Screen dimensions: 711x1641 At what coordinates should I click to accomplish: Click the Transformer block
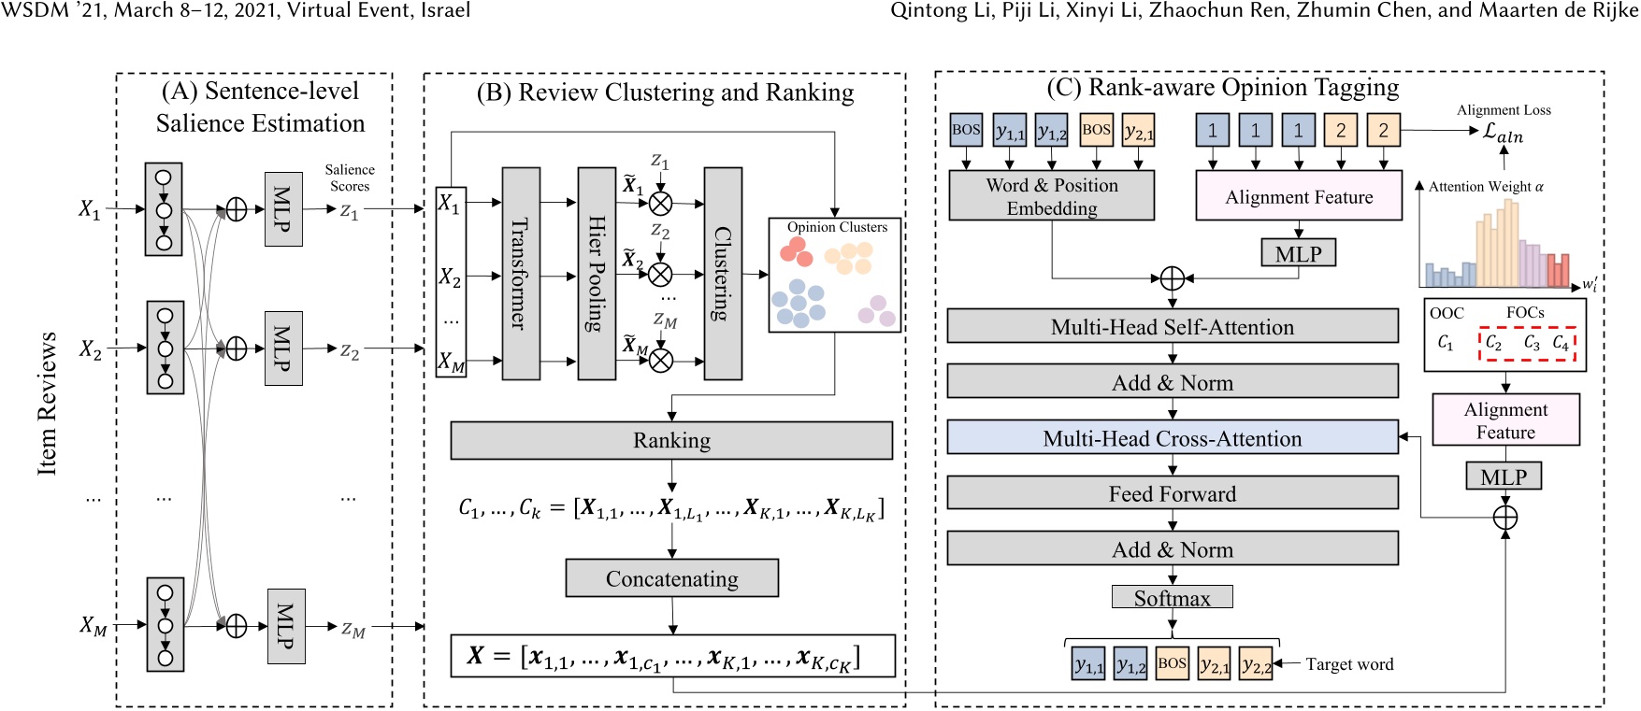click(521, 273)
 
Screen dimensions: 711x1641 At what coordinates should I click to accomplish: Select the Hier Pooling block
click(596, 273)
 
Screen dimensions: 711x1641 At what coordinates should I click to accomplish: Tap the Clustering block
click(722, 273)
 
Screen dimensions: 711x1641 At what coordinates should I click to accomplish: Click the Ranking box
click(671, 440)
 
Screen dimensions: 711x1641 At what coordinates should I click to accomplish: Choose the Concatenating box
click(671, 578)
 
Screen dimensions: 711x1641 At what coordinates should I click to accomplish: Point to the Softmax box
click(1172, 598)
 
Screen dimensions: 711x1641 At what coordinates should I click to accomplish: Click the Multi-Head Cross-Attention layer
click(1173, 437)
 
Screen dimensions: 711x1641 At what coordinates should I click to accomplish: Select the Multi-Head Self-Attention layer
click(1173, 326)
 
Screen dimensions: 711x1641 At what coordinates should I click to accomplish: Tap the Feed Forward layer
click(1173, 493)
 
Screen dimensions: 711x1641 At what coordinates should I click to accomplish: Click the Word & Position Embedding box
click(1051, 196)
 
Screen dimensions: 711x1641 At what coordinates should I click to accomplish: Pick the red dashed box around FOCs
click(1526, 343)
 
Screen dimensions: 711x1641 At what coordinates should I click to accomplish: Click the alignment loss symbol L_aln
click(1503, 133)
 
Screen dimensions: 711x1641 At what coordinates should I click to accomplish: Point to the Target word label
click(1348, 664)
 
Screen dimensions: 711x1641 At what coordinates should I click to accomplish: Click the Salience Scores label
click(350, 178)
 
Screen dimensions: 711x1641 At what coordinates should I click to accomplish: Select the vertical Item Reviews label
click(48, 403)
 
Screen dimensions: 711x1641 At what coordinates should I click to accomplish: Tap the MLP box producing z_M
click(286, 626)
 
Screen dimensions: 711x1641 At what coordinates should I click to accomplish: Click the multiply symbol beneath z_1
click(660, 203)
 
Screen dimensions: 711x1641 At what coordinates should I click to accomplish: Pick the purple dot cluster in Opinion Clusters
click(877, 310)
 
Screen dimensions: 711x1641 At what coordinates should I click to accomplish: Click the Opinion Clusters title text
click(837, 227)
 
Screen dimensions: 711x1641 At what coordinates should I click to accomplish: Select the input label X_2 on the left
click(90, 349)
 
